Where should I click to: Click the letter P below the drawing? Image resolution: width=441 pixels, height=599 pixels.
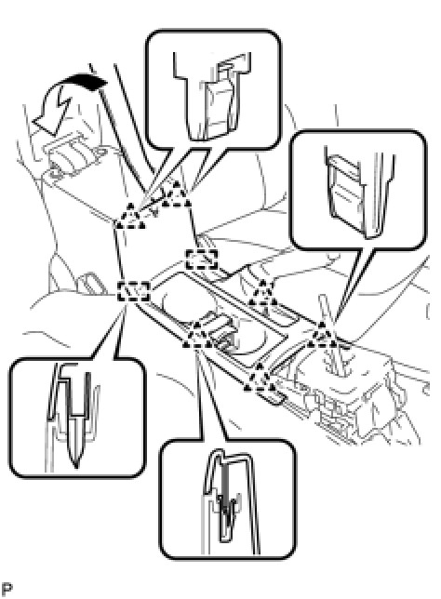(7, 588)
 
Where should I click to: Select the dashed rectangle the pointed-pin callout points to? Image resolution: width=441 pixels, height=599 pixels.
(133, 291)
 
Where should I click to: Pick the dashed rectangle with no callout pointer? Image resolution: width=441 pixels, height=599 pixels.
(201, 259)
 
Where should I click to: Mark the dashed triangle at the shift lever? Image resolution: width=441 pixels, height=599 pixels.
(323, 336)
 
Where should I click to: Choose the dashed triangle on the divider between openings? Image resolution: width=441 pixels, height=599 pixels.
(262, 294)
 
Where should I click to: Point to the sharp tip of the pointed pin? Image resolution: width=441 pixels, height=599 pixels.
(76, 466)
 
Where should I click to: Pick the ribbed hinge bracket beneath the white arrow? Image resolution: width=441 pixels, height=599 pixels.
(74, 156)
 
